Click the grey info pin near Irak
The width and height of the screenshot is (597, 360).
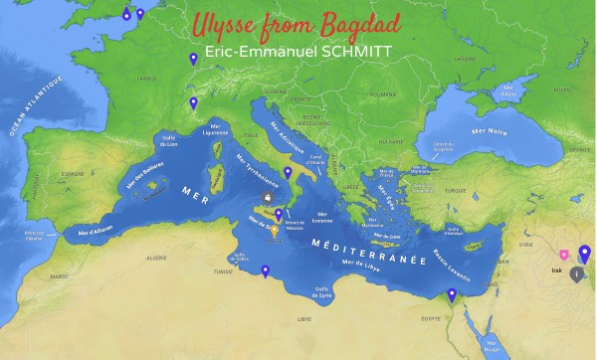pyautogui.click(x=576, y=275)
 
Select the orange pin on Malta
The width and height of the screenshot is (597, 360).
pyautogui.click(x=275, y=232)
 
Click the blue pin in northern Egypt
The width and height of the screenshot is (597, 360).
pyautogui.click(x=452, y=294)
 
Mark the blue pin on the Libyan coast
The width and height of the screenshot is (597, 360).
pyautogui.click(x=265, y=271)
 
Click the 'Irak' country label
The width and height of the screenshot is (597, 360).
pyautogui.click(x=555, y=269)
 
